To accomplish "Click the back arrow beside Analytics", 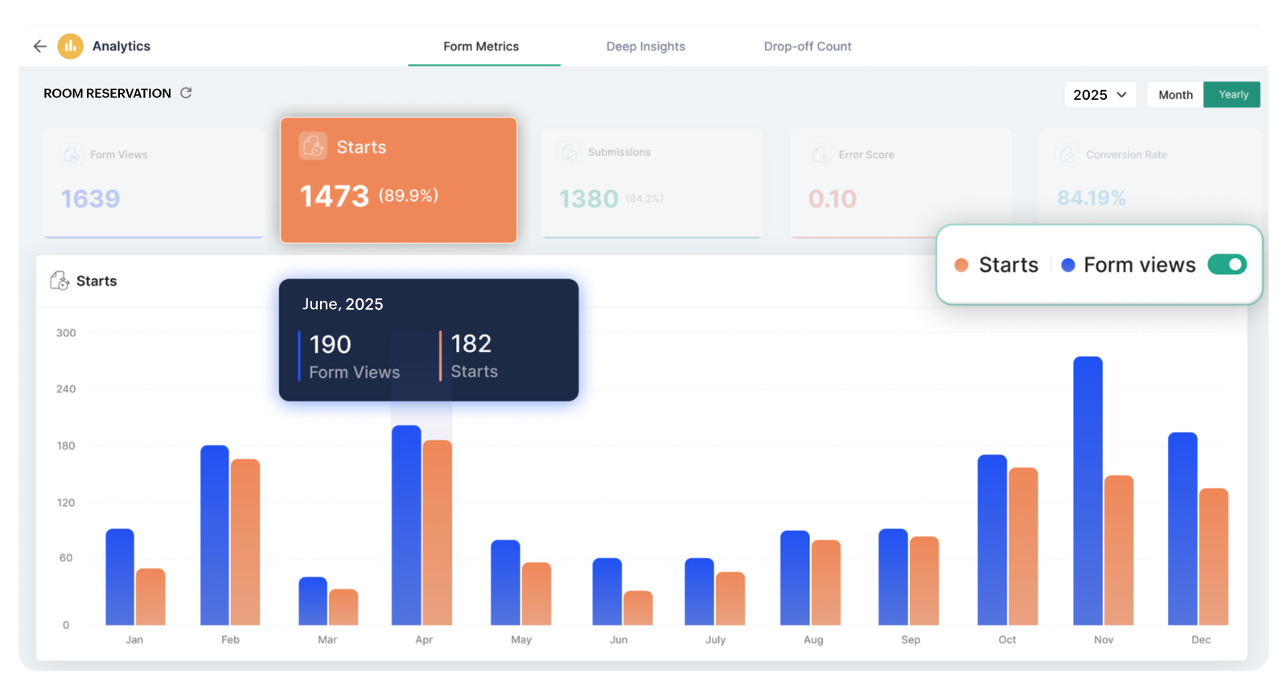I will pyautogui.click(x=39, y=47).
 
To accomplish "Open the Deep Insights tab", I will pyautogui.click(x=645, y=47).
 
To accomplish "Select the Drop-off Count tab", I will pyautogui.click(x=807, y=47).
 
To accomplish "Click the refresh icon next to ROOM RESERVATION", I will pyautogui.click(x=186, y=93).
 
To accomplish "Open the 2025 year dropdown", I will pyautogui.click(x=1099, y=95).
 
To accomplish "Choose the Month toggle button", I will pyautogui.click(x=1175, y=95).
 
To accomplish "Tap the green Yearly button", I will pyautogui.click(x=1232, y=95).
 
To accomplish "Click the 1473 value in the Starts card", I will pyautogui.click(x=334, y=196).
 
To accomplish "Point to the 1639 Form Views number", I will pyautogui.click(x=90, y=199).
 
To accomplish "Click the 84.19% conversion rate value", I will pyautogui.click(x=1091, y=198).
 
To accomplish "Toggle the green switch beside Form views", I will pyautogui.click(x=1227, y=265).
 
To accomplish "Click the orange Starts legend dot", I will pyautogui.click(x=960, y=265).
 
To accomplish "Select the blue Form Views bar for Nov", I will pyautogui.click(x=1088, y=491).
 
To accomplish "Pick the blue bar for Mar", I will pyautogui.click(x=313, y=601).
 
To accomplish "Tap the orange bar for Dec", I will pyautogui.click(x=1213, y=556).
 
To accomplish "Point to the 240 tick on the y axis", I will pyautogui.click(x=66, y=389).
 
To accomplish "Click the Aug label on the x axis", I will pyautogui.click(x=813, y=640).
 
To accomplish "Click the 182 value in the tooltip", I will pyautogui.click(x=471, y=344).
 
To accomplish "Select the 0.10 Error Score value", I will pyautogui.click(x=833, y=199).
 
